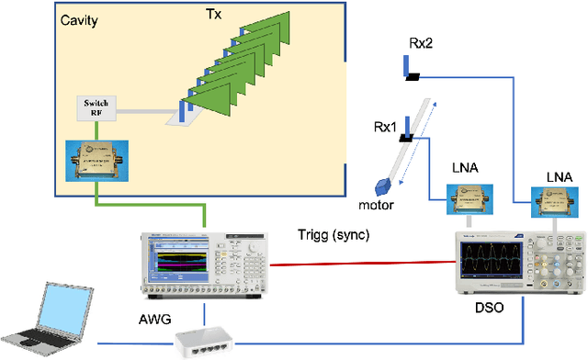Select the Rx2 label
pyautogui.click(x=424, y=42)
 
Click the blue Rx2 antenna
pyautogui.click(x=405, y=66)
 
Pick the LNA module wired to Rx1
pyautogui.click(x=469, y=199)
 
